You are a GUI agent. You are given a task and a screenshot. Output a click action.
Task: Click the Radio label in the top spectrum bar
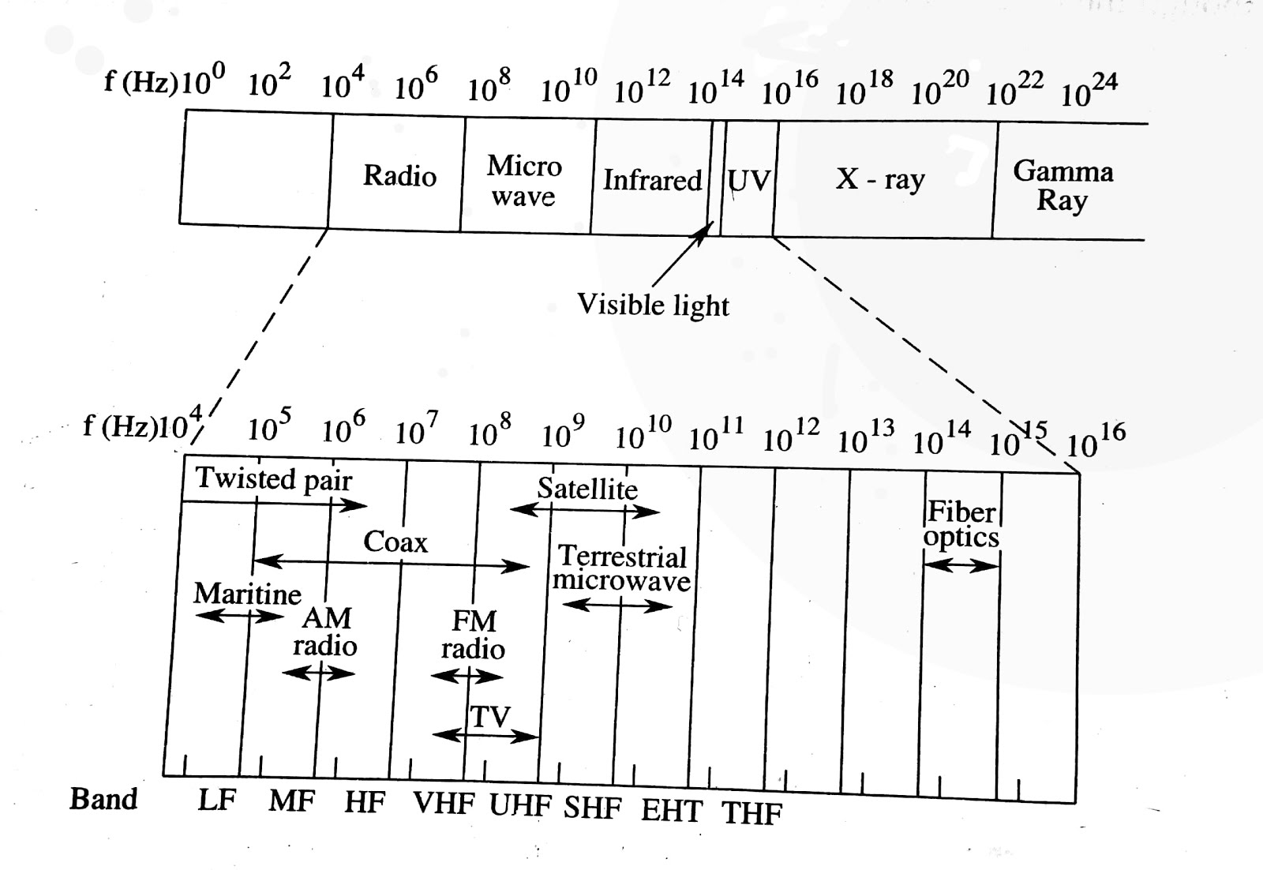pos(399,175)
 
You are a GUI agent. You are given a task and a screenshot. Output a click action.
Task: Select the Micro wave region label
pos(523,181)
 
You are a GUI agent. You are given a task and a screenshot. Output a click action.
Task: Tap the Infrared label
pos(652,180)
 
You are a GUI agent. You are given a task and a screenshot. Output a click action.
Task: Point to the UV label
pos(748,181)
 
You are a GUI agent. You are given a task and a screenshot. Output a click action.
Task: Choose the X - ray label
pos(880,180)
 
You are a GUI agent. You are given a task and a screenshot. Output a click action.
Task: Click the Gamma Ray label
pos(1062,185)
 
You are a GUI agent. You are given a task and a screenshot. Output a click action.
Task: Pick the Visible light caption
pos(653,305)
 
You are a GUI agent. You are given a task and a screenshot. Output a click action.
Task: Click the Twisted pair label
pos(273,478)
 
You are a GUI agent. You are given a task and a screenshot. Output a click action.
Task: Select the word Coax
pos(395,542)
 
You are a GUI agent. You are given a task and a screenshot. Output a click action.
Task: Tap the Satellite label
pos(587,489)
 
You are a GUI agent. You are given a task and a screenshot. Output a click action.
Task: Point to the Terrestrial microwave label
pos(621,569)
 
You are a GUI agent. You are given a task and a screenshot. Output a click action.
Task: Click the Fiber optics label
pos(961,524)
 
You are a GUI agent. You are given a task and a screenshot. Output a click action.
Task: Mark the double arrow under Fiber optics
pos(961,564)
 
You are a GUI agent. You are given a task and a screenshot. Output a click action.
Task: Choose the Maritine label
pos(247,594)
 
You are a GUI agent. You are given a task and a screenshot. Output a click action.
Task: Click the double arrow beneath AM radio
pos(318,673)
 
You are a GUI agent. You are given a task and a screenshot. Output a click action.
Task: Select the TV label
pos(490,717)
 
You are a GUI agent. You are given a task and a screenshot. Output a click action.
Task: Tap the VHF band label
pos(444,804)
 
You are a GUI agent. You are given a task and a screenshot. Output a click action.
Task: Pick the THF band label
pos(751,812)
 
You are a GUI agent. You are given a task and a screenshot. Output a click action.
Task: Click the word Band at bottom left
pos(103,799)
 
